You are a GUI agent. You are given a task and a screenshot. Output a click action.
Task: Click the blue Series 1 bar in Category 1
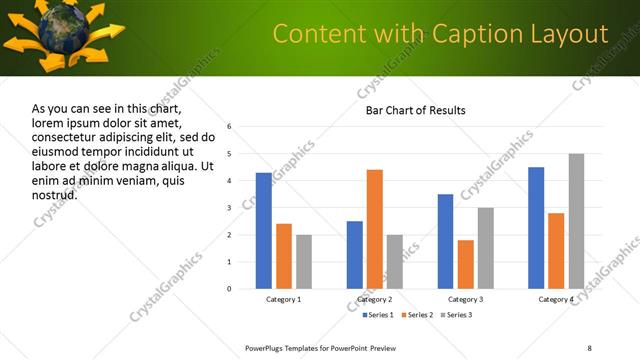[264, 231]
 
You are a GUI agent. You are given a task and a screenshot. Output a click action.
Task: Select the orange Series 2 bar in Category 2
[375, 229]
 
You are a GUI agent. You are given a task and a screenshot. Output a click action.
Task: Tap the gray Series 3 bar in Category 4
[576, 221]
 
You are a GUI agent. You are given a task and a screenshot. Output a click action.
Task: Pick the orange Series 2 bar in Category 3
[465, 264]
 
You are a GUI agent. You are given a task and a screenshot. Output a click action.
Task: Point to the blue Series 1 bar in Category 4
[536, 228]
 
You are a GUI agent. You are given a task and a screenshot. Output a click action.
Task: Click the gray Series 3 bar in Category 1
[304, 262]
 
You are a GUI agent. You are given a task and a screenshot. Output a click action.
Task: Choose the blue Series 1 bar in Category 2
[355, 255]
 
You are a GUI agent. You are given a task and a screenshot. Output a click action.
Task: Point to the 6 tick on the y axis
[229, 127]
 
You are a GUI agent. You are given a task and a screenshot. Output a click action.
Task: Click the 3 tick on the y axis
[229, 208]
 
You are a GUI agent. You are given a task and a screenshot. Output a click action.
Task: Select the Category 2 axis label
[375, 299]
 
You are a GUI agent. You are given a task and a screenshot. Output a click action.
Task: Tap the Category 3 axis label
[465, 299]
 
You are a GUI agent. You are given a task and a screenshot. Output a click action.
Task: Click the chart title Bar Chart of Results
[415, 110]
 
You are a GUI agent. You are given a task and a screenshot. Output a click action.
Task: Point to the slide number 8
[589, 348]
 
